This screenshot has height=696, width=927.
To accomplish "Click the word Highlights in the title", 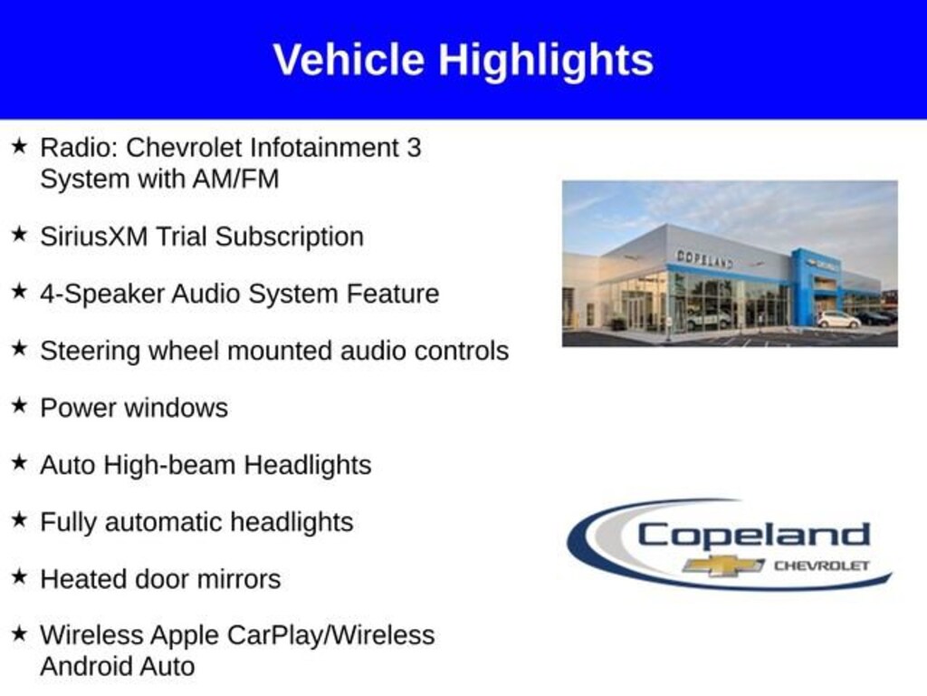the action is click(545, 61).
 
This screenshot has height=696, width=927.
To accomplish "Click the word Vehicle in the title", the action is click(349, 60).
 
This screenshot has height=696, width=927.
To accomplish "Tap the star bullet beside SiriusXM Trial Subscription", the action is click(20, 235).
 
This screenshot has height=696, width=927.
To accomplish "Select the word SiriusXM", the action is click(93, 237).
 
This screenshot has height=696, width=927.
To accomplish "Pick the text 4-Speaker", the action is click(102, 295).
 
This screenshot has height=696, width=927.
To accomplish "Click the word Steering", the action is click(91, 352).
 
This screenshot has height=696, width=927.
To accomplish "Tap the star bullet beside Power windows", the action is click(20, 406).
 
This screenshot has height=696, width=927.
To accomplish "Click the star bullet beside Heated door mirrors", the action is click(20, 577).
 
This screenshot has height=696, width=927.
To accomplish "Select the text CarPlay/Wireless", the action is click(331, 635).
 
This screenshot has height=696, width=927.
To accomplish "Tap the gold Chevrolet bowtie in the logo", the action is click(723, 565).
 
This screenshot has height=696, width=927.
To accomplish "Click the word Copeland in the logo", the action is click(754, 536).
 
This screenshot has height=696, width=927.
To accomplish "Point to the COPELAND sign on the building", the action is click(704, 258).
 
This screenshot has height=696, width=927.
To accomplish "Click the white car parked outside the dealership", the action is click(838, 320).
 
